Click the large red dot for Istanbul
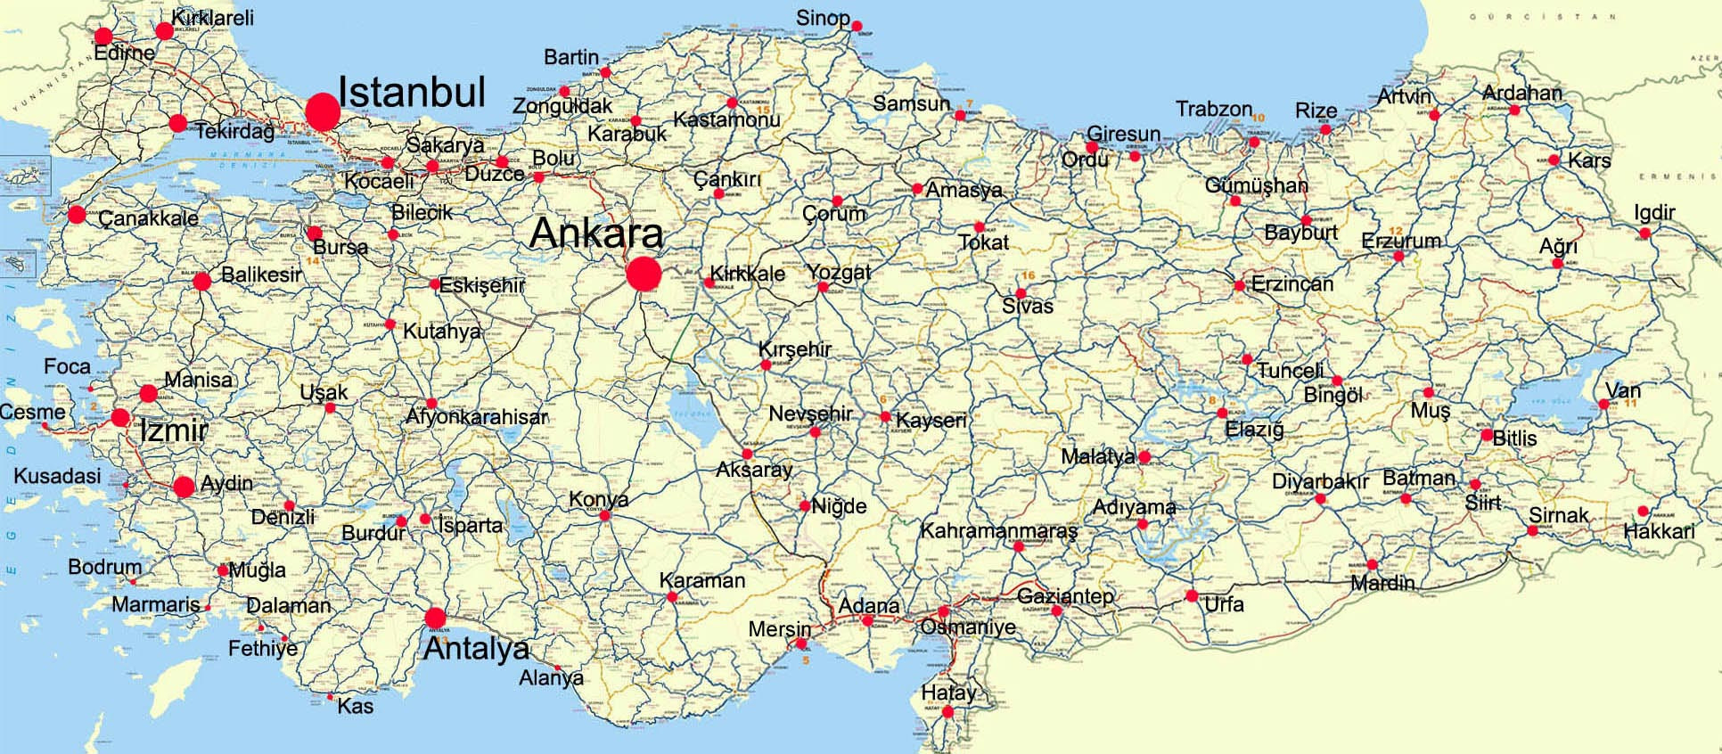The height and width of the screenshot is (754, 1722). point(323,111)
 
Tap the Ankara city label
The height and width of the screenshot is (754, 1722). point(596,234)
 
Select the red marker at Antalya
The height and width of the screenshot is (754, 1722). point(435,618)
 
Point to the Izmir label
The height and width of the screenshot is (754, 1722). point(174,431)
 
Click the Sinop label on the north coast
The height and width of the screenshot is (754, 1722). point(822,18)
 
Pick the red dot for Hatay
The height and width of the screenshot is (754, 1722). point(947,712)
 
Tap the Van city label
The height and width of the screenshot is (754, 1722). point(1622,390)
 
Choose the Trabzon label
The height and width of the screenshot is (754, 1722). point(1213,109)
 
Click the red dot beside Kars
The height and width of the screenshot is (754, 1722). point(1554,160)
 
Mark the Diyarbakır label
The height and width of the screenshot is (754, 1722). point(1319,481)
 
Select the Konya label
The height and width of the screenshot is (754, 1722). point(598,500)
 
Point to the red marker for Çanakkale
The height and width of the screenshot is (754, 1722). point(77,214)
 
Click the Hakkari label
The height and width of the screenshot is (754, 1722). point(1659,531)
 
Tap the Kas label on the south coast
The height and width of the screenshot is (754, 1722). point(355,707)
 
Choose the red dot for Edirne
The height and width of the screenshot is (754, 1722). point(103,36)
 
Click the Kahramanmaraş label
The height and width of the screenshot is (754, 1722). point(998,530)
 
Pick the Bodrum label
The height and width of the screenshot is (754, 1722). point(104,567)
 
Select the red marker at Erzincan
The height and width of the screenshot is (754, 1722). point(1239,286)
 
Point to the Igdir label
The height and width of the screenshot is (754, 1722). point(1654,212)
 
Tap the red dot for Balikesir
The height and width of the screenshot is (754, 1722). point(201,282)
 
